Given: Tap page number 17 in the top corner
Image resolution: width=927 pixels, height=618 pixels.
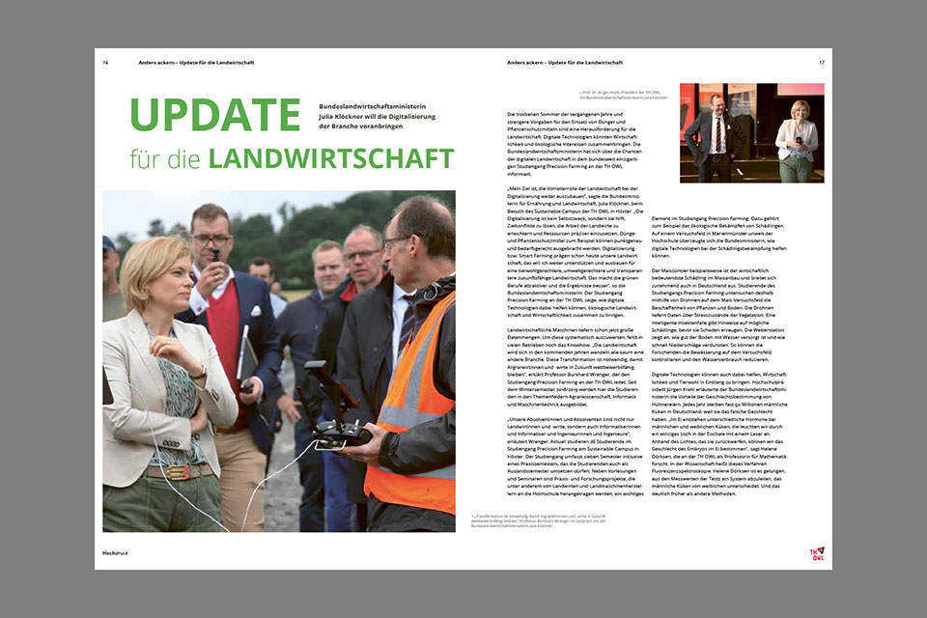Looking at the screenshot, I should tap(822, 63).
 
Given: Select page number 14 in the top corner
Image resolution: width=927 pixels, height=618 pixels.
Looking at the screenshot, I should tap(105, 63).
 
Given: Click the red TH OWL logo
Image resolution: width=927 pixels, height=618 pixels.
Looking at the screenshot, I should tap(817, 553).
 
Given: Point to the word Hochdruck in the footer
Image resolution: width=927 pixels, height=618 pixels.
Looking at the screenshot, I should tap(117, 552).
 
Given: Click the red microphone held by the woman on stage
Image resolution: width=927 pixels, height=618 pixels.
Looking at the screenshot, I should tap(798, 141).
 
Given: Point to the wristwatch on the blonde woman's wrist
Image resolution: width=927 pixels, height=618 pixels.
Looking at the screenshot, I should tap(200, 372).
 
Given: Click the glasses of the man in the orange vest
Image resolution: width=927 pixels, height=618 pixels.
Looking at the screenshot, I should tap(398, 243).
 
